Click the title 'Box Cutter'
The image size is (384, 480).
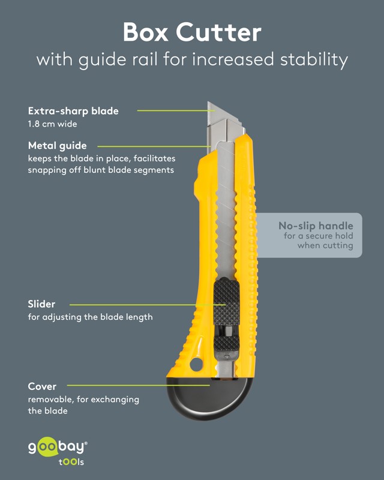coord(192,32)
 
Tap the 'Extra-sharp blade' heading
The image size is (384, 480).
coord(73,111)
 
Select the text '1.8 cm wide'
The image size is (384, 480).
coord(52,124)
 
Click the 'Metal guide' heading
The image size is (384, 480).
coord(57,146)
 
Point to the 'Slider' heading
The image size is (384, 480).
coord(41,304)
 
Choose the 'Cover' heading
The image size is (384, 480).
coord(42,386)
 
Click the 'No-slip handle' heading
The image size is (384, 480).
coord(316,226)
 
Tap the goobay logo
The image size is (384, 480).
coord(58,446)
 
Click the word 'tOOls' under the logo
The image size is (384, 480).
coord(71,461)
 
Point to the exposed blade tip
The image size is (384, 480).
coord(209,103)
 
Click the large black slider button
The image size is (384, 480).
coord(226,302)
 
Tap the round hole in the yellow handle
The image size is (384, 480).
coord(196,365)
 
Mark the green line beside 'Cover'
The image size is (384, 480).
coord(139,385)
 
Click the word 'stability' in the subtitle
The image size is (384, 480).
coord(314,59)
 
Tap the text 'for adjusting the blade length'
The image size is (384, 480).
coord(91,317)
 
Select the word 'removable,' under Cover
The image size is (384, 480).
coord(51,400)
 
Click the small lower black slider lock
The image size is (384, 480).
coord(226,344)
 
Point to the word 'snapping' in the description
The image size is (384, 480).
coord(47,170)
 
